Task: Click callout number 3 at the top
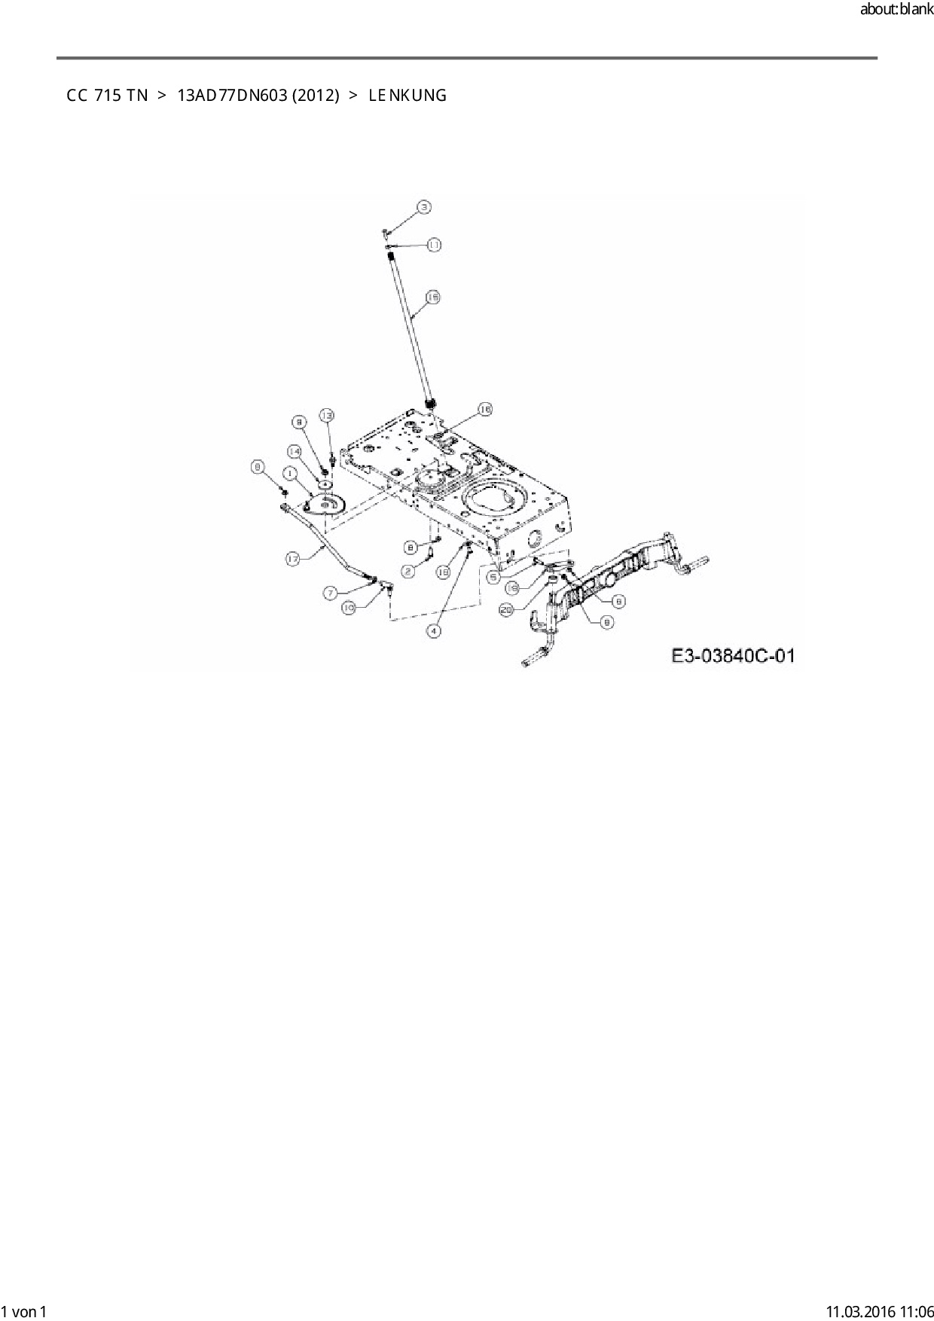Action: click(424, 206)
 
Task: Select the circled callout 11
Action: click(435, 245)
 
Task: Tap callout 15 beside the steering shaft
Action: click(432, 298)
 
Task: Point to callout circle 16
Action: click(484, 409)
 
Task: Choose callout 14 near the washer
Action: click(295, 450)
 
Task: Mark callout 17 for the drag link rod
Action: click(293, 558)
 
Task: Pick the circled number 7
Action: click(331, 593)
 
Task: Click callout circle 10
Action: click(349, 608)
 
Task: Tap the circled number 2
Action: click(408, 572)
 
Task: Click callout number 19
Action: click(511, 587)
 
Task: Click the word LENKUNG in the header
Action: click(407, 96)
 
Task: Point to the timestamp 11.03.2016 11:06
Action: click(879, 1311)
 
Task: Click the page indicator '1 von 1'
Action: click(24, 1311)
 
